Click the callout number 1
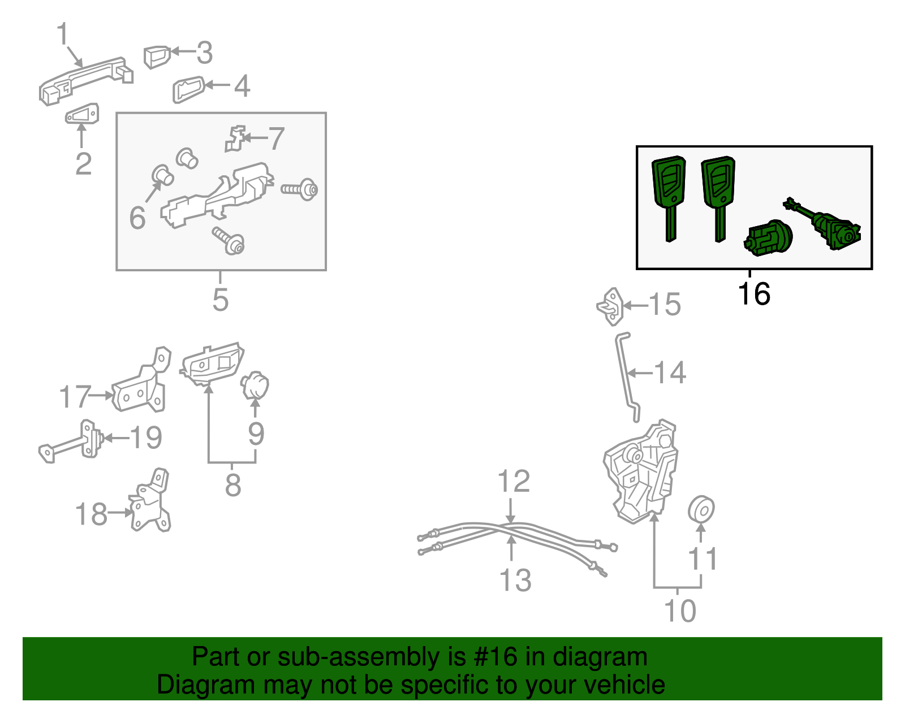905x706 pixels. pyautogui.click(x=62, y=33)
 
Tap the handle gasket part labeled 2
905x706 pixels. pyautogui.click(x=82, y=114)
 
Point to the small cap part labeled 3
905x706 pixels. pyautogui.click(x=157, y=57)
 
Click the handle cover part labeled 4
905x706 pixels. pyautogui.click(x=189, y=89)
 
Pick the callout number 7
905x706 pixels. pyautogui.click(x=276, y=138)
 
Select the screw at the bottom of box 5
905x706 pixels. pyautogui.click(x=229, y=240)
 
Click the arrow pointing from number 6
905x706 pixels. pyautogui.click(x=153, y=192)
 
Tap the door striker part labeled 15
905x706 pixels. pyautogui.click(x=610, y=306)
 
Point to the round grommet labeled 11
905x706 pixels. pyautogui.click(x=701, y=508)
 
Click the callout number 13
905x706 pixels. pyautogui.click(x=515, y=580)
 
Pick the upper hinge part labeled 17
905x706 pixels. pyautogui.click(x=141, y=383)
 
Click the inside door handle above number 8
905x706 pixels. pyautogui.click(x=212, y=365)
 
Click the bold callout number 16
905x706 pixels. pyautogui.click(x=754, y=294)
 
